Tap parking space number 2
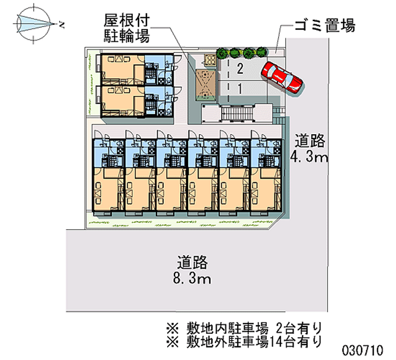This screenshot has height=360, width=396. [240, 68]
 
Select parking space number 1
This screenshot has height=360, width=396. [240, 89]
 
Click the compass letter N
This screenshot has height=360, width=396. [61, 25]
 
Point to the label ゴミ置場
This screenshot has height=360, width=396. [325, 25]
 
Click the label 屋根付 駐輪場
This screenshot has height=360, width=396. [127, 28]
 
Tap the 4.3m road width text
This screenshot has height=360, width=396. [309, 157]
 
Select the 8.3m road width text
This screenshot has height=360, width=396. [192, 279]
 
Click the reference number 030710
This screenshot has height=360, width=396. [362, 351]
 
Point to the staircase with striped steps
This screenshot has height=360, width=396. [237, 113]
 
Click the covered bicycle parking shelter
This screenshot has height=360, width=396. [206, 84]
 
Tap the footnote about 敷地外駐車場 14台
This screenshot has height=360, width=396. [244, 342]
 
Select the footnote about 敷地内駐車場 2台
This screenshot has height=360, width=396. [244, 328]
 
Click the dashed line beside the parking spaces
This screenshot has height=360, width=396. [229, 80]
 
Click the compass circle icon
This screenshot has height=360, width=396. [33, 24]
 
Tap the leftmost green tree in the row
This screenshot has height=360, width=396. [222, 53]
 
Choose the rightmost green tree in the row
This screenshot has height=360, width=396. [262, 52]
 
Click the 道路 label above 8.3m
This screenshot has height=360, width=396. [192, 262]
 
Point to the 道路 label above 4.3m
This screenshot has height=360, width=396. [310, 141]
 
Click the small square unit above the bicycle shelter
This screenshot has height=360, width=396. [210, 60]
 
